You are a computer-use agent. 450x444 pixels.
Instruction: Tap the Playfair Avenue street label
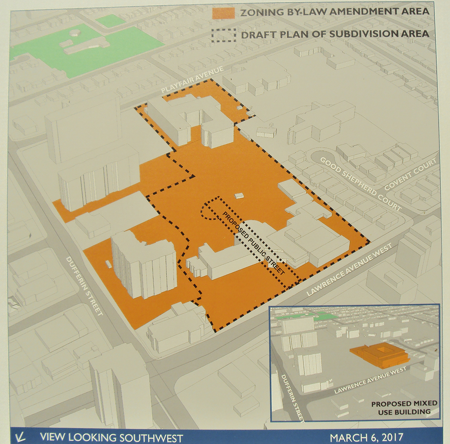192,81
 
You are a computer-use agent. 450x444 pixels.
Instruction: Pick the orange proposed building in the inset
379,354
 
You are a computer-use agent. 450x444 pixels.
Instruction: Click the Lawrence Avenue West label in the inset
370,380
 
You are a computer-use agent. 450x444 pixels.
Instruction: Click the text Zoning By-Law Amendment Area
334,12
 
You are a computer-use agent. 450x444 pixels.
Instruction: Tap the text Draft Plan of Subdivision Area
335,34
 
